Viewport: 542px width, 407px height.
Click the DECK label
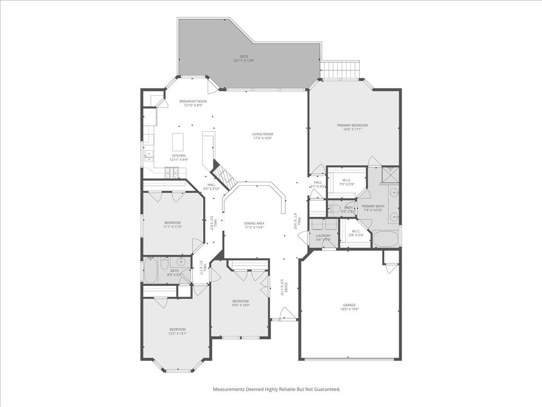coord(243,56)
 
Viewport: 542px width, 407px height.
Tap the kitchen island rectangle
coord(178,141)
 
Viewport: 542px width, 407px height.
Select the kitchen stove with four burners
coord(173,171)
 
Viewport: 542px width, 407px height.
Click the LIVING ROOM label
coord(262,134)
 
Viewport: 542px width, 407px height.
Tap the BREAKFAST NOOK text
coord(193,101)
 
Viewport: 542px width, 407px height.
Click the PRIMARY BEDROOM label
coord(352,125)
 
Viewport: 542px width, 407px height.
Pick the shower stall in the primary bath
coord(391,174)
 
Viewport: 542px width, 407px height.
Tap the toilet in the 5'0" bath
coord(335,208)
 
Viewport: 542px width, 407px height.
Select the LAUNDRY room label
coord(323,236)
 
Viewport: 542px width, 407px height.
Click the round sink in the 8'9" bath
coord(182,261)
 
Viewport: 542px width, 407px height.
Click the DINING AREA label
coord(254,223)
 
